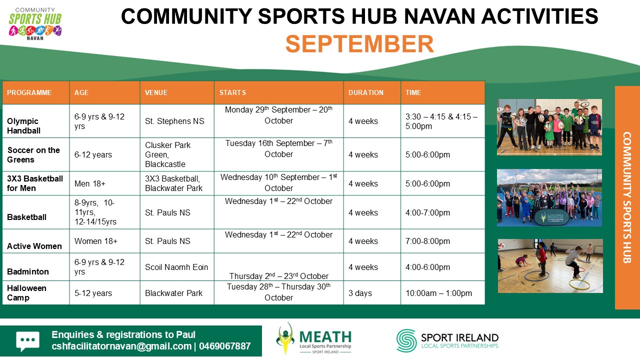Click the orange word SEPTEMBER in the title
359,44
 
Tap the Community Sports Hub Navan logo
35,24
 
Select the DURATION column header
365,92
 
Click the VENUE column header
156,92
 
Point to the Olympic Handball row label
23,125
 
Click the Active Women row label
34,246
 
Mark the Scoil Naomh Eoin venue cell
176,267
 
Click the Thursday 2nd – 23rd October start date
279,276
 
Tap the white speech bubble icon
27,341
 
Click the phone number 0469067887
225,346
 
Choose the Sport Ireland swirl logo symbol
406,340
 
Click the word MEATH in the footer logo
325,337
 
